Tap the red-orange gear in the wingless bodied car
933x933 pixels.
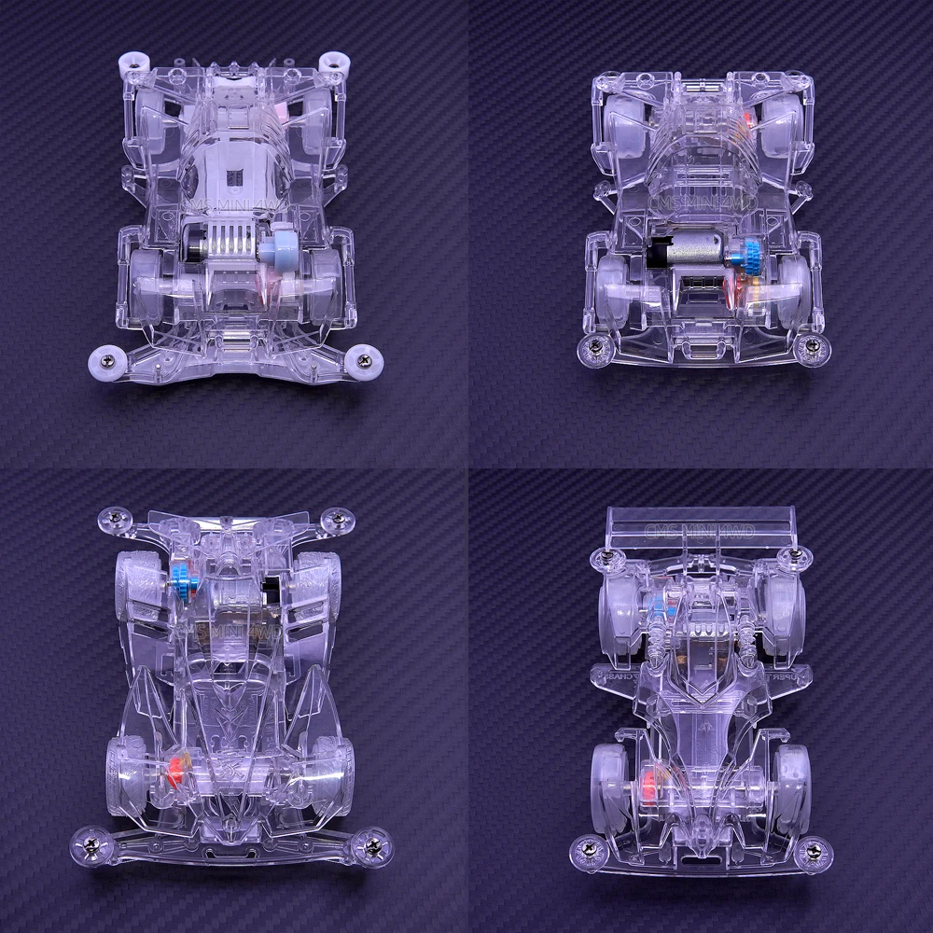pyautogui.click(x=174, y=772)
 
